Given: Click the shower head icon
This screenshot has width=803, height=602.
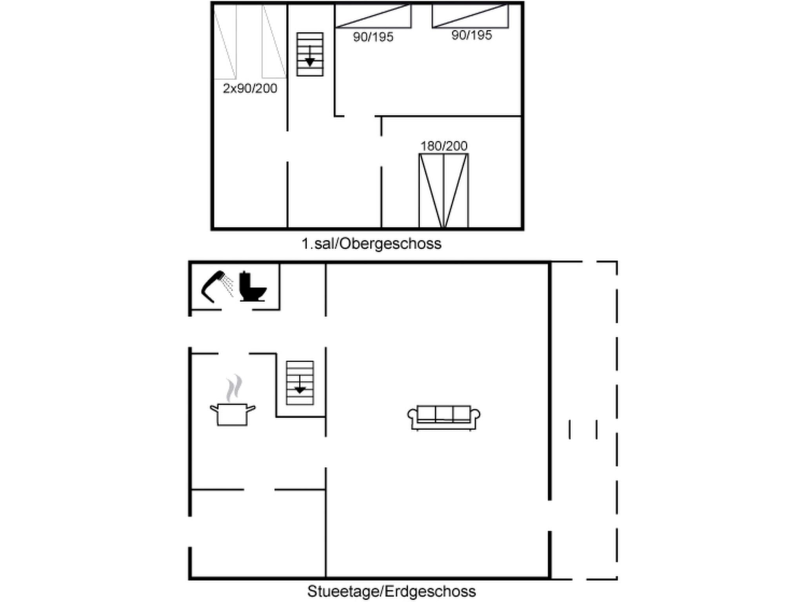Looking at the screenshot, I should [x=216, y=286].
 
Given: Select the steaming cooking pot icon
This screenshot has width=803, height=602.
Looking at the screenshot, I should [x=233, y=413].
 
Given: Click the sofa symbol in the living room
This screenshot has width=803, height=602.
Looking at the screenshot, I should [x=443, y=418].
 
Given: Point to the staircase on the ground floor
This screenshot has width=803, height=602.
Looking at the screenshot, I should [x=300, y=383].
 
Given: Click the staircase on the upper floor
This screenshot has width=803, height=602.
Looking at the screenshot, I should [x=310, y=54].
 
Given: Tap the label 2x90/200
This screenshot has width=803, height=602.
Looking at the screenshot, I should [x=250, y=89].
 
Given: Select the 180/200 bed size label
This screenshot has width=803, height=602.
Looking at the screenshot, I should [x=443, y=146].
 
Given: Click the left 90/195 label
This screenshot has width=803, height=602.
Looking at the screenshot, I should [x=373, y=37].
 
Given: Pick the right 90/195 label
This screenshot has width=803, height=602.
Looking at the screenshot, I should [x=471, y=35].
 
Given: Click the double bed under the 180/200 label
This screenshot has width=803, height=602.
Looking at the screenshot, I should [x=443, y=191].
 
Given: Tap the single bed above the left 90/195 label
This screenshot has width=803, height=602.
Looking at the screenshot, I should [x=373, y=16].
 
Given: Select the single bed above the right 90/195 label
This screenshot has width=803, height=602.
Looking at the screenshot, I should [x=470, y=16].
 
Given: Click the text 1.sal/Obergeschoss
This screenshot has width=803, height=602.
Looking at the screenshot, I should [x=371, y=244].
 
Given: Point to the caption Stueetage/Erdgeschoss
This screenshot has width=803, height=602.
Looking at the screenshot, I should [x=391, y=591].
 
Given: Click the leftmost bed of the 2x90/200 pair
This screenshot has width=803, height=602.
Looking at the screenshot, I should [x=225, y=42].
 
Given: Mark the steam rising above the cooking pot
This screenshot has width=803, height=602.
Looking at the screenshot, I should [x=234, y=388].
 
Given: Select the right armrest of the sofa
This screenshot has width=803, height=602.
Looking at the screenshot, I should [x=475, y=415].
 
